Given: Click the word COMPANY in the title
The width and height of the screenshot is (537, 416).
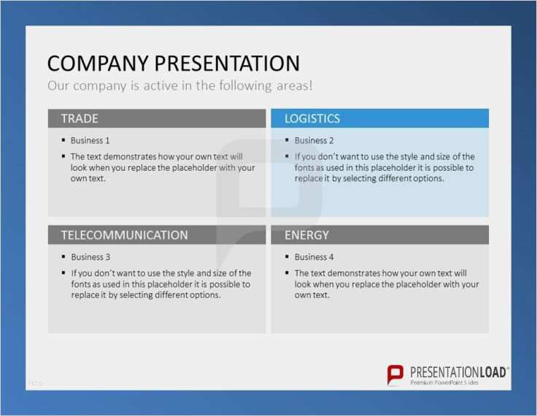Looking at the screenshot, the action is [98, 63].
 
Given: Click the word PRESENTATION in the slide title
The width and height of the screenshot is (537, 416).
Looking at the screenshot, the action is [227, 63].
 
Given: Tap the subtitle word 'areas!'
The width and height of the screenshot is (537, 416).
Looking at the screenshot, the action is [295, 85].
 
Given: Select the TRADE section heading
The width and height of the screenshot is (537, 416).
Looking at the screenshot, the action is [80, 118].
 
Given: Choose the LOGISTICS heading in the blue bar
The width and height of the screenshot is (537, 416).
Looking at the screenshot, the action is [312, 118].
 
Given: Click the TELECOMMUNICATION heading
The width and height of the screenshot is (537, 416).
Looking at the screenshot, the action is [124, 235].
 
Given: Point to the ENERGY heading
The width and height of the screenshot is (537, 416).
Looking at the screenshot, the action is [306, 235].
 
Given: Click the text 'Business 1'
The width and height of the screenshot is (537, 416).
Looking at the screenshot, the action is [90, 141].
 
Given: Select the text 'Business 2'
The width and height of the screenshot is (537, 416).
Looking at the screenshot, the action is [314, 141].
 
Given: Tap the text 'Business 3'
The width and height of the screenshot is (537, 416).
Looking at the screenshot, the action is [90, 257].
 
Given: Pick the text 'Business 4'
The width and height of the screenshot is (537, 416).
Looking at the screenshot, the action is [314, 257].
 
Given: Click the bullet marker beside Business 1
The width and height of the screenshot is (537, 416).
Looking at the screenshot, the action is [63, 140].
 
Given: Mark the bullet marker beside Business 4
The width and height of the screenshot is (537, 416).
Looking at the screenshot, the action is [287, 256].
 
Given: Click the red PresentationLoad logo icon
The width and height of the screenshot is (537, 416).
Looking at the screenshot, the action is [395, 375].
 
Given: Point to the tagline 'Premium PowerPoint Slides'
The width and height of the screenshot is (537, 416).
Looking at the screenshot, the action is [444, 382].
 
